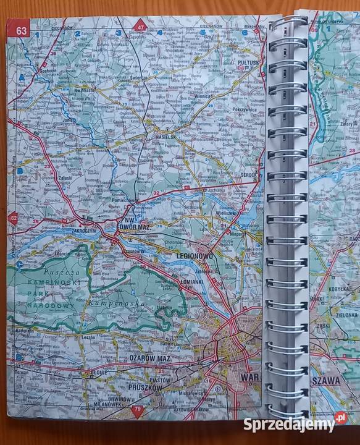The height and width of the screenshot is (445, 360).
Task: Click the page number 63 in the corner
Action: (x=22, y=29)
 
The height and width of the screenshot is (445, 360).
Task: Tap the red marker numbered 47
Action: (x=141, y=27)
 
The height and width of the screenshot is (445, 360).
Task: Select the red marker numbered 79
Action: (x=138, y=410)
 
